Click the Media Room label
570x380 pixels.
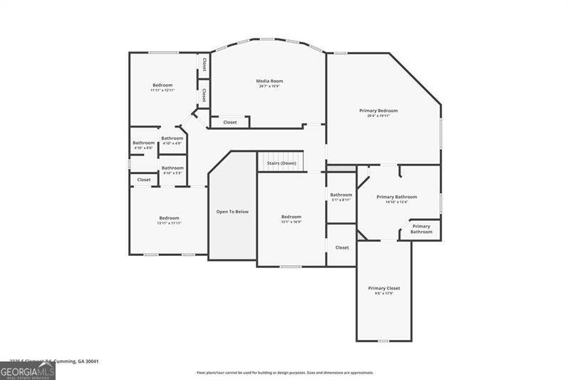(x=269, y=81)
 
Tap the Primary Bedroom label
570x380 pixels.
(x=378, y=111)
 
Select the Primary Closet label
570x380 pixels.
(x=384, y=288)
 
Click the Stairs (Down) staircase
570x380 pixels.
(x=281, y=163)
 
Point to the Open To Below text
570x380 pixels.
(x=232, y=212)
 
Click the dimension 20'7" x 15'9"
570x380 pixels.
(x=269, y=87)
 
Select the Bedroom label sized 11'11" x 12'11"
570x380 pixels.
(x=162, y=85)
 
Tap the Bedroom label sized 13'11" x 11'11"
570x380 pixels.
(x=170, y=217)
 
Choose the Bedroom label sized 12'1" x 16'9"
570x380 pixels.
(x=291, y=217)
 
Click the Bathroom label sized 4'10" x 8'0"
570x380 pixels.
(x=143, y=143)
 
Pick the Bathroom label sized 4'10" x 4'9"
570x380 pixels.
(x=172, y=138)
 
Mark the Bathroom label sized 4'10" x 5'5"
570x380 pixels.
(x=172, y=168)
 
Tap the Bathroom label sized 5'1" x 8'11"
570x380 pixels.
(x=341, y=195)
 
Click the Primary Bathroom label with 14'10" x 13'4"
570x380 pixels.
(x=397, y=197)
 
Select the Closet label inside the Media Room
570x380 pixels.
(x=230, y=123)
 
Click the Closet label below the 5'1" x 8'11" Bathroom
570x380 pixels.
(x=342, y=247)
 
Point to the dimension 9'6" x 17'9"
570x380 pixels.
(x=384, y=294)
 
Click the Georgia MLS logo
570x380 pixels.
(x=28, y=371)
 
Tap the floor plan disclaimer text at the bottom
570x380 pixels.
(x=285, y=372)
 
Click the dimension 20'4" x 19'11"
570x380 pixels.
(x=378, y=116)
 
